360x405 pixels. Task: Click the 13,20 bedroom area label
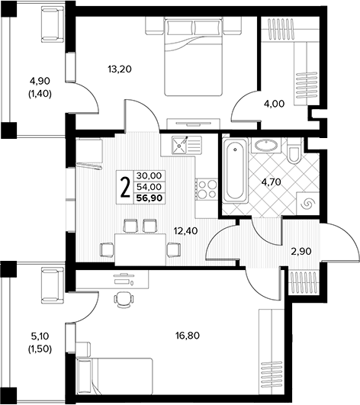pos(120,69)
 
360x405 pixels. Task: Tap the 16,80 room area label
pos(188,336)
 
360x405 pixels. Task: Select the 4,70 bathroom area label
pos(271,182)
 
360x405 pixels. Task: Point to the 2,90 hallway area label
pos(301,251)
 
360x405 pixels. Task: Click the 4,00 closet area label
pos(274,104)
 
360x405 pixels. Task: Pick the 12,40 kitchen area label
pos(185,230)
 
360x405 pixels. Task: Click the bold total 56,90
pos(149,198)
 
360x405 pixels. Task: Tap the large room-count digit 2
pos(125,188)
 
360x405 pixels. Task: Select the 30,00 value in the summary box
pos(149,175)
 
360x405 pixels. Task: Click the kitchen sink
pos(179,145)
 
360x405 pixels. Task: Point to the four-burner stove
pos(207,189)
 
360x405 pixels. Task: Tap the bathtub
pos(235,171)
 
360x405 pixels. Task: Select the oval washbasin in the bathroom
pos(266,145)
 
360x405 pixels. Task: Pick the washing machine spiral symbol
pos(308,204)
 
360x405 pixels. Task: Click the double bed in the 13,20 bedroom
pos(194,56)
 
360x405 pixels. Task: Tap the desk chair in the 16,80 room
pos(124,300)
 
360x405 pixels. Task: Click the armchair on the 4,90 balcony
pos(53,24)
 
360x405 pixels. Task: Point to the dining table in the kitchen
pos(140,249)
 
